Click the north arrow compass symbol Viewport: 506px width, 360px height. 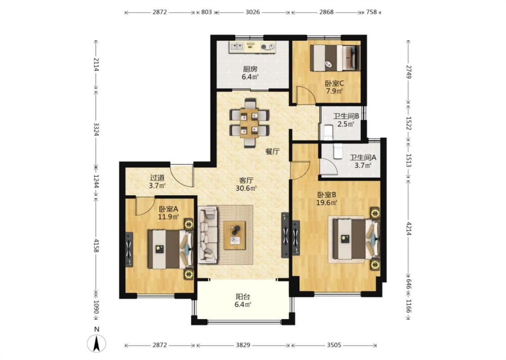pos(96,343)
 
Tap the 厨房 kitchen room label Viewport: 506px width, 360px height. pos(251,69)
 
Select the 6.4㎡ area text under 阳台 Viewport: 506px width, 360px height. pos(243,304)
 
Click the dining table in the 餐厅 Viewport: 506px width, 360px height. pos(249,123)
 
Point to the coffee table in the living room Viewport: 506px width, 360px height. pos(235,235)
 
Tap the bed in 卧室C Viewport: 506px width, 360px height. pos(335,58)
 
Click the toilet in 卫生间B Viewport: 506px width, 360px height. pos(327,132)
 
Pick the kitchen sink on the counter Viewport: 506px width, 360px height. pos(237,47)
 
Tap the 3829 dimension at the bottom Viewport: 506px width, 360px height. pos(243,345)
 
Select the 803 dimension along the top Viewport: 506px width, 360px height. pos(206,12)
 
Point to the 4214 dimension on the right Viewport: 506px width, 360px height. pos(408,228)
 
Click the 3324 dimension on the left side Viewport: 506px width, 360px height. pos(96,129)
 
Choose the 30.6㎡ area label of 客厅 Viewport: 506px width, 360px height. pos(246,189)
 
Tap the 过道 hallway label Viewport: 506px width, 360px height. pos(157,178)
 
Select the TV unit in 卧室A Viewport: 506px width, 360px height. pos(129,249)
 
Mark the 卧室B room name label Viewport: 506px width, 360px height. pos(327,195)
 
